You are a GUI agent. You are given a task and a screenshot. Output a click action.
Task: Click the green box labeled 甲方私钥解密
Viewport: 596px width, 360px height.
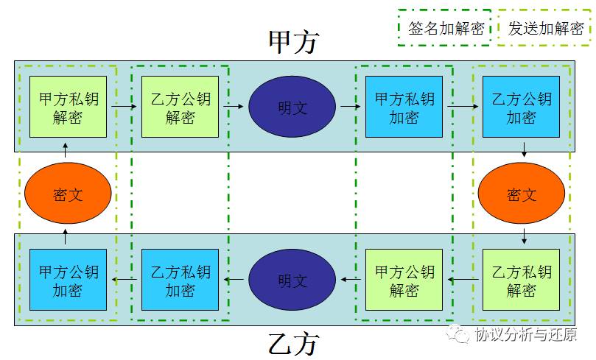[x=68, y=107]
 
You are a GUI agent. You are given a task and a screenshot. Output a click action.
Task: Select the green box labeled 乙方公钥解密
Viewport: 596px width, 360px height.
[x=180, y=107]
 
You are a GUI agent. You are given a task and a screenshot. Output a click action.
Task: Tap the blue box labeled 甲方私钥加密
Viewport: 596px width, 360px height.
[x=404, y=107]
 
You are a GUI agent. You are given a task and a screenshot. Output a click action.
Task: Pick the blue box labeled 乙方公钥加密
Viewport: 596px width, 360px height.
[x=521, y=107]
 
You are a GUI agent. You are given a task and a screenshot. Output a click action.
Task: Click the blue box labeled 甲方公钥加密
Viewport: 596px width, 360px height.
[x=68, y=280]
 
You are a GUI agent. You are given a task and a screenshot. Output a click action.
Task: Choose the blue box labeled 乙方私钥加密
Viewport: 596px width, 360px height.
[x=180, y=280]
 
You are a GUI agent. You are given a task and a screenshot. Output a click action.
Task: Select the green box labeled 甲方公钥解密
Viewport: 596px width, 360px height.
[x=404, y=280]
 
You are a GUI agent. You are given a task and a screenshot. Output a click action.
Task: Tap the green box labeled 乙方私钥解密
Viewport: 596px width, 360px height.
[x=521, y=280]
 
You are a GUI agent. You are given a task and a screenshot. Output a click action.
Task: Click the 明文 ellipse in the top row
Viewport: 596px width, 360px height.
[x=292, y=107]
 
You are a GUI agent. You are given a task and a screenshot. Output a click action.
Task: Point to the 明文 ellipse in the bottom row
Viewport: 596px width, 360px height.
[x=292, y=280]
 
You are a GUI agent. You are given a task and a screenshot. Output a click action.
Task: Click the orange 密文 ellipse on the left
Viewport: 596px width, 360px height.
[x=68, y=194]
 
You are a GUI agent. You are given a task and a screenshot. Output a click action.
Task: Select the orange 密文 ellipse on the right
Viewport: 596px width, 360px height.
[x=521, y=194]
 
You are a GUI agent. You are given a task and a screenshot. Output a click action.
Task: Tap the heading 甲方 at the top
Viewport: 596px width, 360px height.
[x=293, y=42]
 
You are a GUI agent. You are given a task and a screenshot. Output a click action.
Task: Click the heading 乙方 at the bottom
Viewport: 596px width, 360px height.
[x=293, y=344]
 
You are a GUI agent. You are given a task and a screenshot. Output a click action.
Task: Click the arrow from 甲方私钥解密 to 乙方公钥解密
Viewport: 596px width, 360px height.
[x=124, y=107]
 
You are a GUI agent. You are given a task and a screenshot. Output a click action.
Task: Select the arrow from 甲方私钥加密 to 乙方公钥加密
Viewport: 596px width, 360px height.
[x=462, y=107]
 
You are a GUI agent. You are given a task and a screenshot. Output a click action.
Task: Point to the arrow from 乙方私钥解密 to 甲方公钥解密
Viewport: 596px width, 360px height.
[x=463, y=280]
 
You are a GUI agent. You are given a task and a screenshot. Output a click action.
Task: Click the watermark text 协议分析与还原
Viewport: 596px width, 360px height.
[x=525, y=336]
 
